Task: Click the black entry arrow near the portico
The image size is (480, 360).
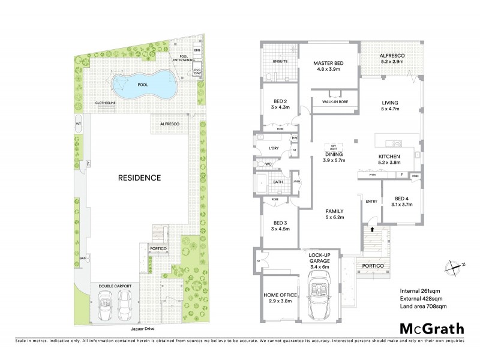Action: pos(373,229)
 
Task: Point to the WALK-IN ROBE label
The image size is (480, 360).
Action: pos(335,102)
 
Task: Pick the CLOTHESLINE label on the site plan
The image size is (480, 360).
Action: pos(106,103)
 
